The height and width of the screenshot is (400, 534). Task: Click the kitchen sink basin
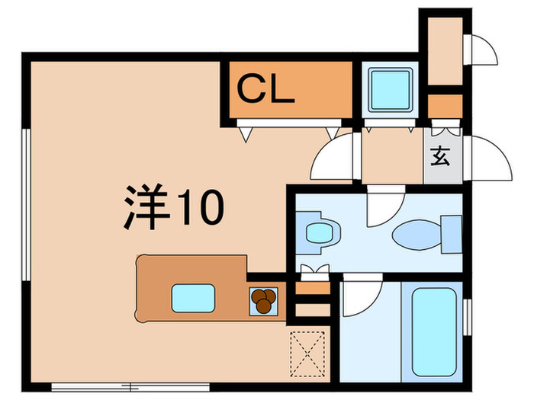[191, 297]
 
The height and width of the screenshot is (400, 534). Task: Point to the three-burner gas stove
[263, 300]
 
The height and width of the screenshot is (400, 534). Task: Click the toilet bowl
[417, 234]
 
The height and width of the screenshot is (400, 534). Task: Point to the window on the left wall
[27, 206]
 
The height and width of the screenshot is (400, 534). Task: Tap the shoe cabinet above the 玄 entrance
[445, 104]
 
